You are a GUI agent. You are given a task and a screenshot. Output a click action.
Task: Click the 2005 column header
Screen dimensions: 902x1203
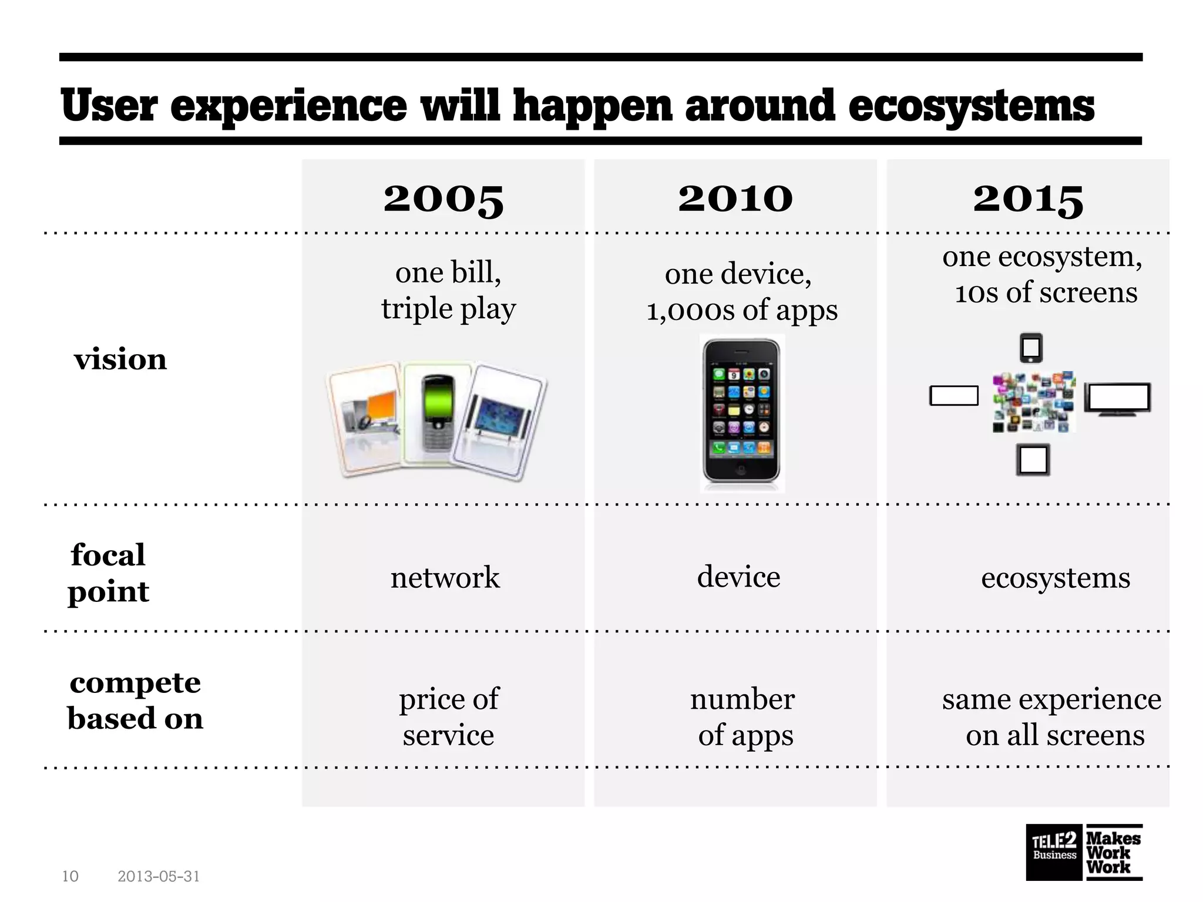point(443,198)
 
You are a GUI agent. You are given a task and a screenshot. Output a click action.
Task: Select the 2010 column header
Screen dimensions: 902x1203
point(735,198)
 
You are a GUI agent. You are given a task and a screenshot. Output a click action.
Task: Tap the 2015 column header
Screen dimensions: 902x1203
point(1028,198)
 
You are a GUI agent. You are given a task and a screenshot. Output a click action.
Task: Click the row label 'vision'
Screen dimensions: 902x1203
point(120,359)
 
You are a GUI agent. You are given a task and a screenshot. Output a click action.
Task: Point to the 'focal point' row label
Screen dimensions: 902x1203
point(108,573)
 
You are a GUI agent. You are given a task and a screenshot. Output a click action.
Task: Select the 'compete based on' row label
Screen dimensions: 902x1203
point(135,700)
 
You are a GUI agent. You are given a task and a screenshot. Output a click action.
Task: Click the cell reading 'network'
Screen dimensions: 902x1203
point(445,577)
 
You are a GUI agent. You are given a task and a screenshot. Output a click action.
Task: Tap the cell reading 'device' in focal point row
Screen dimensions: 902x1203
point(738,577)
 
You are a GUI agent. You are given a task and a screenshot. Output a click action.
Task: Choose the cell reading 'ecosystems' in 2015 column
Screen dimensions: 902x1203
point(1055,578)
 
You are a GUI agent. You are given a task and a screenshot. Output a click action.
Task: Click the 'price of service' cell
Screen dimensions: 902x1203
point(448,716)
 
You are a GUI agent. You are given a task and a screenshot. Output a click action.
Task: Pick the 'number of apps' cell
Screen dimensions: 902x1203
point(744,716)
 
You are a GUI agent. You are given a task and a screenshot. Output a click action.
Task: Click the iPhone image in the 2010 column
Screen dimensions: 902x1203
point(741,413)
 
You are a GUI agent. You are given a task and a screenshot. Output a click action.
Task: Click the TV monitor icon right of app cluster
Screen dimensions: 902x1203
point(1117,399)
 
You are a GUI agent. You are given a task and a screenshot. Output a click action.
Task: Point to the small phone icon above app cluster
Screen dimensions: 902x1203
point(1031,348)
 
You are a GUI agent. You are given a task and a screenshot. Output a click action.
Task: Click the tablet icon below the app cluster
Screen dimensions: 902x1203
point(1032,460)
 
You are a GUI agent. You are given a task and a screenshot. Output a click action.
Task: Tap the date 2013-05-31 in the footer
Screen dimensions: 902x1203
point(159,876)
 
